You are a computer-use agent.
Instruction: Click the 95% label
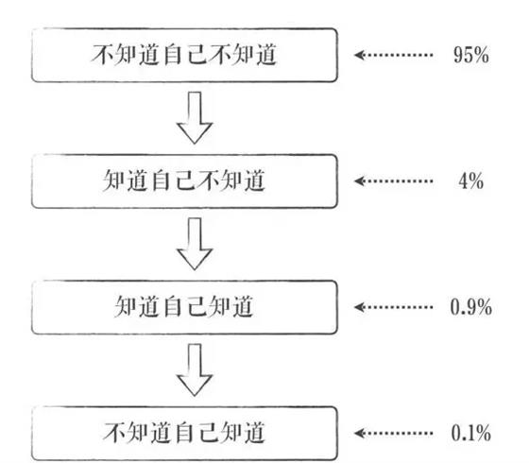471,55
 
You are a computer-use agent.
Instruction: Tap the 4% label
471,180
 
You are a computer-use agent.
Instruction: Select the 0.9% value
471,307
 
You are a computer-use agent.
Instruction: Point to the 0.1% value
471,433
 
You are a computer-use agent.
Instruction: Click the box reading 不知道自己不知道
184,55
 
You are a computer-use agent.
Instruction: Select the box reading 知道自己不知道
184,180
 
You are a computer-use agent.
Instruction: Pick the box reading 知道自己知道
184,307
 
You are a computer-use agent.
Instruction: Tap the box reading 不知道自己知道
184,434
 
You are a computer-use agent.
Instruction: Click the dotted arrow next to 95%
393,55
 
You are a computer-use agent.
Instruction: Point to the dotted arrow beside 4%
393,180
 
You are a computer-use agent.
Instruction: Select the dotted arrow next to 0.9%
393,307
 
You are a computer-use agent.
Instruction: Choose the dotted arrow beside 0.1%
393,433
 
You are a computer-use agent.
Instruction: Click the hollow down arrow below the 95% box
195,118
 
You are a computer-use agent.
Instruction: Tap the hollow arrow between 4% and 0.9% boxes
195,244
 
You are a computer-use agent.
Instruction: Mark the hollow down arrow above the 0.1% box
195,370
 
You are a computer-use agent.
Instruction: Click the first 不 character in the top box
102,55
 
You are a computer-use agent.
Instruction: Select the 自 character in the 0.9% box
172,307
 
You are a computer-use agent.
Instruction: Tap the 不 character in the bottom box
114,433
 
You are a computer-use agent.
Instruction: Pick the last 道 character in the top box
266,55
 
